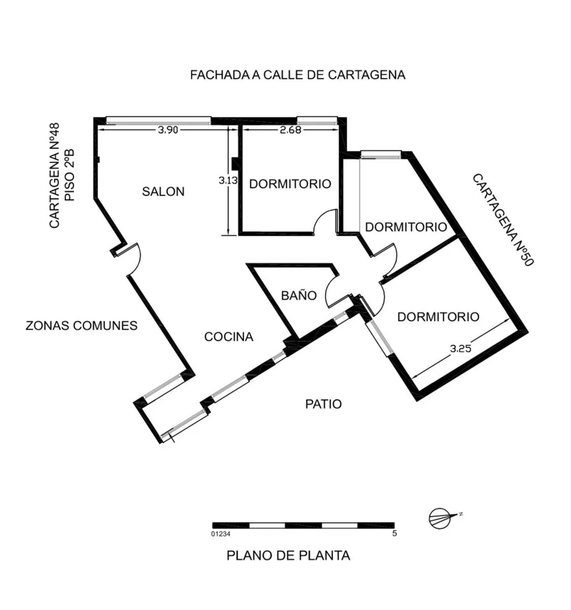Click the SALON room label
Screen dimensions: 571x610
163,192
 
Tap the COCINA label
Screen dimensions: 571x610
229,336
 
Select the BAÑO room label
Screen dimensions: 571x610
299,295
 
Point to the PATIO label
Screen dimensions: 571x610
323,404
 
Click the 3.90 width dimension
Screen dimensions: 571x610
168,130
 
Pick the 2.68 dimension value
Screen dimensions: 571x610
291,130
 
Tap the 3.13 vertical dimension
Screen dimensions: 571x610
228,180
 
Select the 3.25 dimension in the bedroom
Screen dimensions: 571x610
461,348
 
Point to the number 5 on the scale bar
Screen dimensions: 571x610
395,533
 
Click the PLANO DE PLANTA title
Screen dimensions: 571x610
288,556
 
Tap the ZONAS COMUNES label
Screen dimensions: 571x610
81,326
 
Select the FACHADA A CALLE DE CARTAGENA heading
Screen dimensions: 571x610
297,75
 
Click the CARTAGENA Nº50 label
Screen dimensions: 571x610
503,220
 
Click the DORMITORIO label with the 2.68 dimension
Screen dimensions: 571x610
290,184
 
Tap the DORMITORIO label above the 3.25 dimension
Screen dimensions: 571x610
438,317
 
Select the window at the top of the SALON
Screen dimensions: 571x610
159,120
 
